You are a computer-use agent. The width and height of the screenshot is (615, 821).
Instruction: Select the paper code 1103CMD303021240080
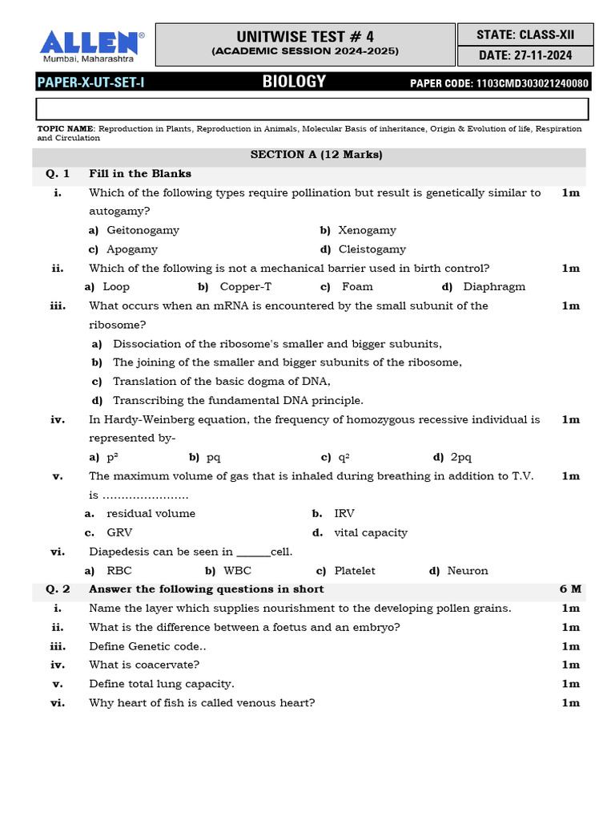pyautogui.click(x=532, y=83)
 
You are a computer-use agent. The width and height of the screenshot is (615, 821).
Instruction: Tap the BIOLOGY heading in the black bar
pyautogui.click(x=294, y=81)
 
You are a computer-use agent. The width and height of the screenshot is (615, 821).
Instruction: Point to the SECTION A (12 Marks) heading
pyautogui.click(x=316, y=155)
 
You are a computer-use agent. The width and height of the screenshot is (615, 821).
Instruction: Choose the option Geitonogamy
pyautogui.click(x=143, y=230)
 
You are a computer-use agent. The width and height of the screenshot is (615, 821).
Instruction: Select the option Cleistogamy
pyautogui.click(x=372, y=249)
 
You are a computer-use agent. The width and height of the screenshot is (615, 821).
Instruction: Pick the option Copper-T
pyautogui.click(x=239, y=287)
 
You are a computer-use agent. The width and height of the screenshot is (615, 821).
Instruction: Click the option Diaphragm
pyautogui.click(x=494, y=287)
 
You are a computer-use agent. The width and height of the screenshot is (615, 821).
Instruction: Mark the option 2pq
pyautogui.click(x=461, y=457)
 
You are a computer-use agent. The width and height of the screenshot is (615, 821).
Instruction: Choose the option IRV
pyautogui.click(x=344, y=513)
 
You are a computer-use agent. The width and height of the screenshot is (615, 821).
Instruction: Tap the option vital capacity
pyautogui.click(x=371, y=532)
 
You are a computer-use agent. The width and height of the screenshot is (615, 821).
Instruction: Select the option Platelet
pyautogui.click(x=355, y=571)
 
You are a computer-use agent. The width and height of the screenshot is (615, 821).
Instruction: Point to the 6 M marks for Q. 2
pyautogui.click(x=570, y=589)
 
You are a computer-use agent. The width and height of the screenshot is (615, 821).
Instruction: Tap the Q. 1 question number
pyautogui.click(x=58, y=173)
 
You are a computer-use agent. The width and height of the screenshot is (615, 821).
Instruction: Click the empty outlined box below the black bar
pyautogui.click(x=312, y=108)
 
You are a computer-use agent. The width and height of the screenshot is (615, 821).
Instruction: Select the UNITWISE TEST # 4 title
pyautogui.click(x=305, y=37)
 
